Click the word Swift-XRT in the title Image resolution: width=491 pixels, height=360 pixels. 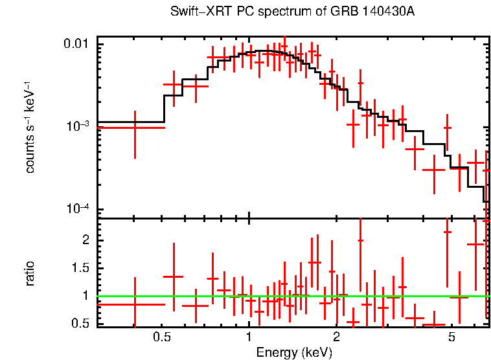[195, 12]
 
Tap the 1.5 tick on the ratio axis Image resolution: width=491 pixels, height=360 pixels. [82, 268]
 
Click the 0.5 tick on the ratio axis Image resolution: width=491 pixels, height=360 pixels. [82, 324]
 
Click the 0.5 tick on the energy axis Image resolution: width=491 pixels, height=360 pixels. [162, 339]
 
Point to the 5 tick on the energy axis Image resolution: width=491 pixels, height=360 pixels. [452, 339]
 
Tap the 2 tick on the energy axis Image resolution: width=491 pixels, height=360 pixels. [336, 339]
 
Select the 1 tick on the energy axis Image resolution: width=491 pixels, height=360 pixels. [249, 339]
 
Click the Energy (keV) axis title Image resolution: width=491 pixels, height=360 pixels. [294, 353]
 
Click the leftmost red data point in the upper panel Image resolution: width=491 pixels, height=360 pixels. [135, 128]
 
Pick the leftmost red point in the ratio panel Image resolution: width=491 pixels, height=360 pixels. [135, 304]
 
